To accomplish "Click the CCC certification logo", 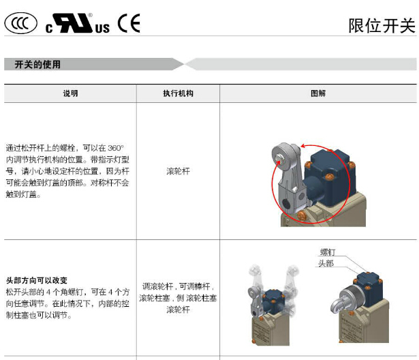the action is [20, 23].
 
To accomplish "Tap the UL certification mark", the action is [78, 23].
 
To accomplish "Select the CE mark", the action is [129, 23].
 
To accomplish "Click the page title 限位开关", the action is [382, 26].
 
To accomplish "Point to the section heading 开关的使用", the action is [37, 65].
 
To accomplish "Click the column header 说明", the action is [70, 93].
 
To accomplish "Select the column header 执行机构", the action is [178, 93].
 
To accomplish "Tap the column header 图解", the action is [318, 93].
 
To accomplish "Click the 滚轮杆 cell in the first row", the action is [178, 171].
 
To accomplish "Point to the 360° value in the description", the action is [116, 148].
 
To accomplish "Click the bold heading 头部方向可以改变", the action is [37, 280].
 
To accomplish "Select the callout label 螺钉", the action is [328, 252].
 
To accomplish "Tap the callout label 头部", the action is [326, 263].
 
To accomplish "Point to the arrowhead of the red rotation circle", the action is [303, 146].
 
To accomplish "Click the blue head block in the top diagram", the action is [331, 177].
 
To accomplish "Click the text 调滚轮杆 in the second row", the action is [157, 286].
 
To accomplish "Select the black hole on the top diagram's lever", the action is [286, 205].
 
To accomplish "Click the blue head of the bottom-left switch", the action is [273, 301].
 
